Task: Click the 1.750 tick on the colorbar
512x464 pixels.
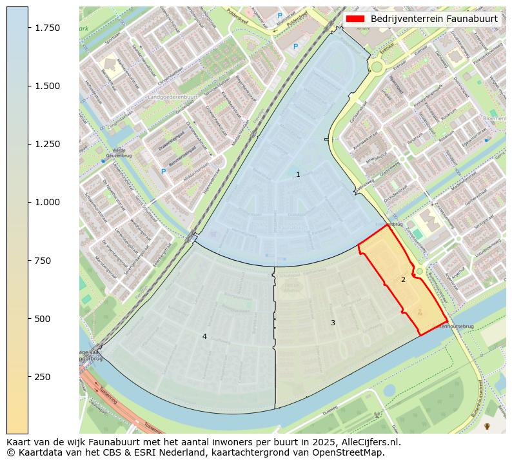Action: coord(28,28)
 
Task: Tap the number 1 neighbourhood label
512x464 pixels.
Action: coord(298,175)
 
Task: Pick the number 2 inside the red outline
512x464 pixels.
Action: coord(403,280)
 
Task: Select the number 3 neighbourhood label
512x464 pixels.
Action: coord(333,323)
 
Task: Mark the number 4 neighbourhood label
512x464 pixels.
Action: coord(204,336)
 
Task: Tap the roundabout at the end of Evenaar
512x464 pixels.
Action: coord(377,66)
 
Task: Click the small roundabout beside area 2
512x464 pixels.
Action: coord(420,272)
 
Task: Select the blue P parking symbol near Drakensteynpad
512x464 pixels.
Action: coord(163,172)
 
